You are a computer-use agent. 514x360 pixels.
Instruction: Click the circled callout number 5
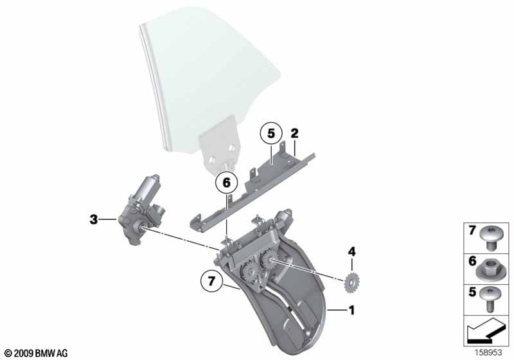coord(270,134)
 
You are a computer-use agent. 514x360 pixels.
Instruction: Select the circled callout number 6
coord(227,183)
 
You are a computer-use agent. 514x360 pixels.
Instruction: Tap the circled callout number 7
coord(211,281)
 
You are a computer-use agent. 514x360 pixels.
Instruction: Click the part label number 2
coord(295,134)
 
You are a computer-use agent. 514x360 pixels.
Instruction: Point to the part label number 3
coord(94,219)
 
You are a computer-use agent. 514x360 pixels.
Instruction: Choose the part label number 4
coord(351,252)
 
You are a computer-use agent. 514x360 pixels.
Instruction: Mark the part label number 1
coord(351,310)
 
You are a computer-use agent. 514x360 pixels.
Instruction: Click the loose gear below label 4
coord(351,282)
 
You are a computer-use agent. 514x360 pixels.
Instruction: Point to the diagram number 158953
coord(488,352)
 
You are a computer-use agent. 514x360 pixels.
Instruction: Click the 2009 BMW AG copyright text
coord(36,353)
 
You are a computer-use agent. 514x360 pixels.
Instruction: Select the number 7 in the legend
coord(472,231)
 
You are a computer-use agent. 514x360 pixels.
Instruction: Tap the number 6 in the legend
coord(472,261)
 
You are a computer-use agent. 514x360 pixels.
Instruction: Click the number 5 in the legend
coord(472,291)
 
